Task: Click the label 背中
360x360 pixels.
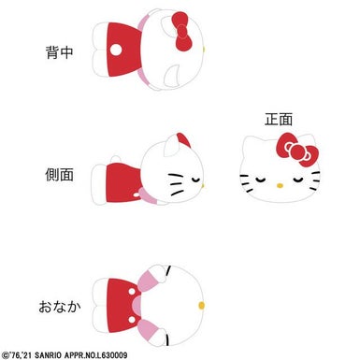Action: pyautogui.click(x=59, y=52)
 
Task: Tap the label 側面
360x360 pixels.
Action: pyautogui.click(x=59, y=175)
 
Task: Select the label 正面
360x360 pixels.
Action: pyautogui.click(x=279, y=120)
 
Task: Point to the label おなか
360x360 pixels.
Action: pyautogui.click(x=60, y=307)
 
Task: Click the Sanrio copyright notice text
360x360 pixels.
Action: pyautogui.click(x=65, y=355)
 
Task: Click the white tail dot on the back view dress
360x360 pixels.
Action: pyautogui.click(x=116, y=50)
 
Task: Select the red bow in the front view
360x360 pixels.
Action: pyautogui.click(x=297, y=150)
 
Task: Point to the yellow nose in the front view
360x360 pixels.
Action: pyautogui.click(x=280, y=186)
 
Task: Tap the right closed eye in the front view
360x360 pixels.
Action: pyautogui.click(x=298, y=180)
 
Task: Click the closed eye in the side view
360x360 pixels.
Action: pyautogui.click(x=196, y=180)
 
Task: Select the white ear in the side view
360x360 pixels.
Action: pyautogui.click(x=172, y=145)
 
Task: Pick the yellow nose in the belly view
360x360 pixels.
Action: pyautogui.click(x=202, y=305)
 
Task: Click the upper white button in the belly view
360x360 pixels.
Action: pyautogui.click(x=132, y=292)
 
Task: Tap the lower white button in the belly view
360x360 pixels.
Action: pyautogui.click(x=132, y=320)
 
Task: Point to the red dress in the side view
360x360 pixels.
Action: pyautogui.click(x=122, y=182)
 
